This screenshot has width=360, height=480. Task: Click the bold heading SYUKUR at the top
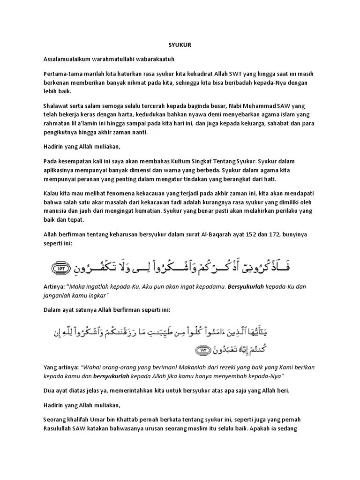180,45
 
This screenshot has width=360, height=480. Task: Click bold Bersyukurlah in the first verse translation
246,286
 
